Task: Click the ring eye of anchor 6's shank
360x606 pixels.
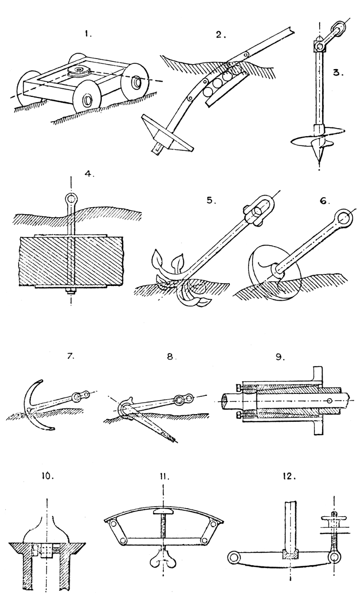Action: pos(345,218)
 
